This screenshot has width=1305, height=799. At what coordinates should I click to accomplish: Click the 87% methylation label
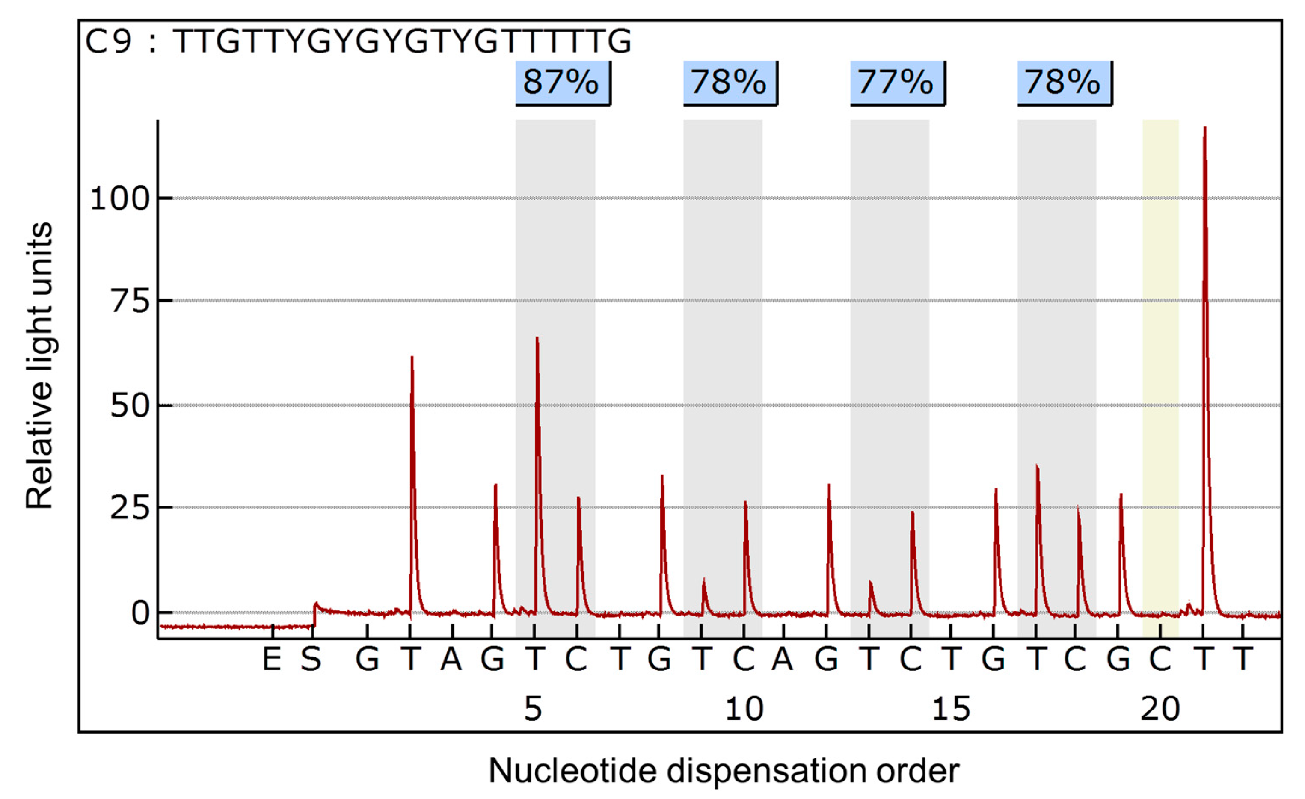[562, 83]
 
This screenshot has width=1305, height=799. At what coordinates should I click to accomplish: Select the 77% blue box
[896, 83]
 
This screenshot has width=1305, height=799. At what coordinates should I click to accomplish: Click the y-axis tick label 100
[120, 200]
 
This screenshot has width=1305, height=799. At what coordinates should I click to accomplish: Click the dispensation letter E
[272, 660]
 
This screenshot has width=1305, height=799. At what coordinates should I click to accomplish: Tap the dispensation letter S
[311, 660]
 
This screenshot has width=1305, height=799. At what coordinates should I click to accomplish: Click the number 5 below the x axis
[533, 710]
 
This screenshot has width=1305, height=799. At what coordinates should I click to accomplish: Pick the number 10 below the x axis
[744, 710]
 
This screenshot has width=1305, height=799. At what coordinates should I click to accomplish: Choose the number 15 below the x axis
[951, 710]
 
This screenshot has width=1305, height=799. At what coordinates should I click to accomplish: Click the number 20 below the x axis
[1160, 710]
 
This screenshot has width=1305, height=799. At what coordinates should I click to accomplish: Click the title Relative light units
[40, 365]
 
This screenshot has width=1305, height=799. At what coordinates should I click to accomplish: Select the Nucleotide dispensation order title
[724, 771]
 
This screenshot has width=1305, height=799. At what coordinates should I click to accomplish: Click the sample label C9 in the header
[108, 41]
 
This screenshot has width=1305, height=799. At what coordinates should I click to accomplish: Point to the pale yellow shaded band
[1160, 371]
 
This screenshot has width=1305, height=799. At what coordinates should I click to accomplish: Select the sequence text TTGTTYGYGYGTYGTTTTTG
[403, 41]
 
